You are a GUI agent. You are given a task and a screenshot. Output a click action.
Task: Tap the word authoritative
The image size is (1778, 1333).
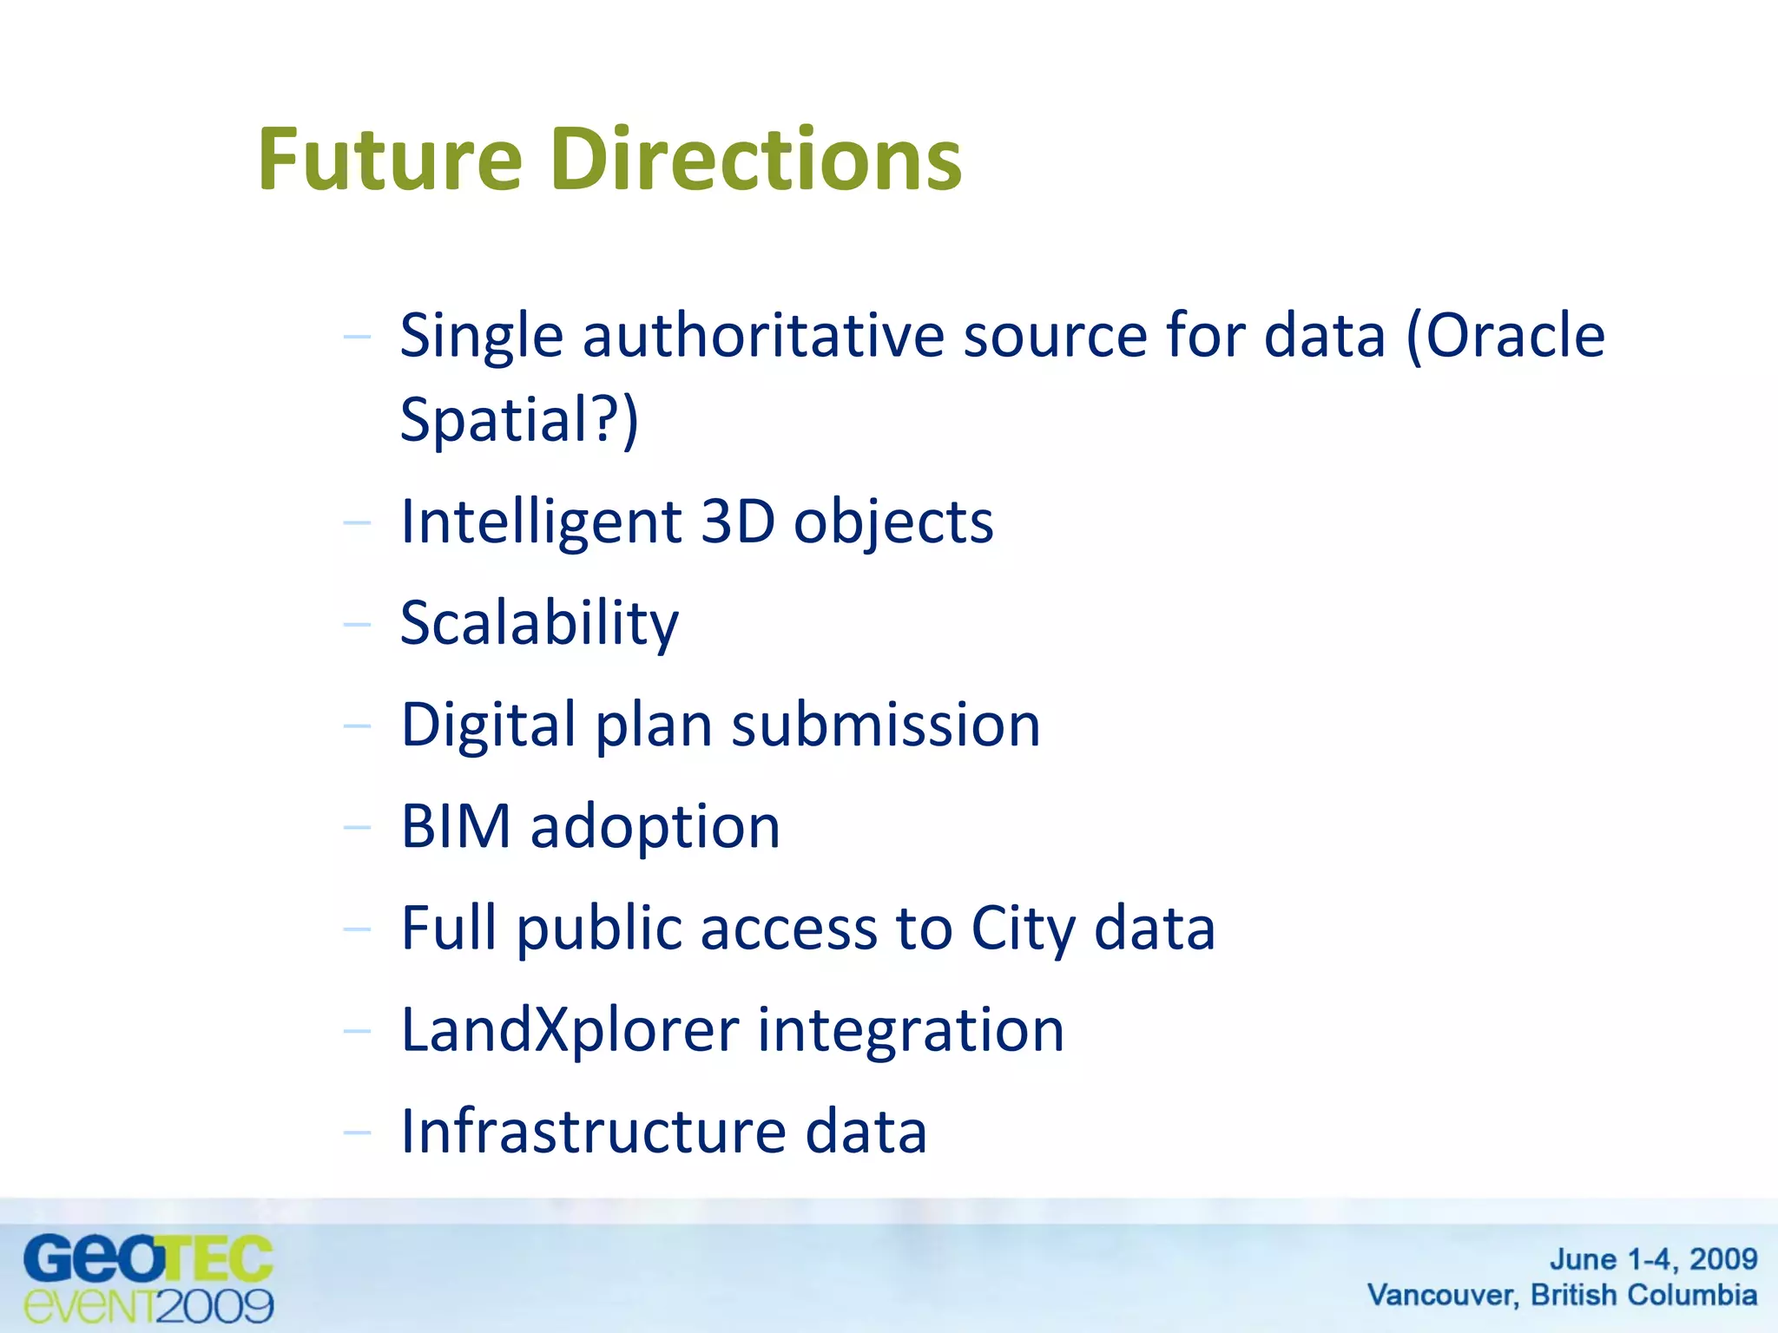[x=763, y=335]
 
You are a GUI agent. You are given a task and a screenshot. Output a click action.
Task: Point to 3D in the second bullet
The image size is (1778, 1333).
[x=737, y=522]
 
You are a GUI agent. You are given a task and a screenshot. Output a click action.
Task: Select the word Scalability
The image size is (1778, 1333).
[x=539, y=624]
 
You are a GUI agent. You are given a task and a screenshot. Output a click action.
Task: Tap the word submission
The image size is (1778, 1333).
[x=886, y=726]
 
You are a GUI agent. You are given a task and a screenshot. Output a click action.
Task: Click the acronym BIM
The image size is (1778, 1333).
[x=456, y=826]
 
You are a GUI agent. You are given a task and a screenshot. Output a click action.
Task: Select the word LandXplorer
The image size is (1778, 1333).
[x=570, y=1031]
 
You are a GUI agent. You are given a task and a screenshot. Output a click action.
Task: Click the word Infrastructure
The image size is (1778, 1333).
[x=593, y=1132]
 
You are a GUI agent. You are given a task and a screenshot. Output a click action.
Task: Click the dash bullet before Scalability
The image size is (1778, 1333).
[x=357, y=624]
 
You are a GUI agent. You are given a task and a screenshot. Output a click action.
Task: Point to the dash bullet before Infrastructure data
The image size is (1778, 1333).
[x=357, y=1132]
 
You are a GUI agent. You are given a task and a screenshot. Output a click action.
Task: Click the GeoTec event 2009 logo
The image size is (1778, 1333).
[x=148, y=1279]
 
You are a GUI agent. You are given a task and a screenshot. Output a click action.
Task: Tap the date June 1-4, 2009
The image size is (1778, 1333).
[x=1653, y=1258]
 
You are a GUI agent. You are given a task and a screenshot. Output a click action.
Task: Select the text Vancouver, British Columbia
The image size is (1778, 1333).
[x=1562, y=1295]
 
